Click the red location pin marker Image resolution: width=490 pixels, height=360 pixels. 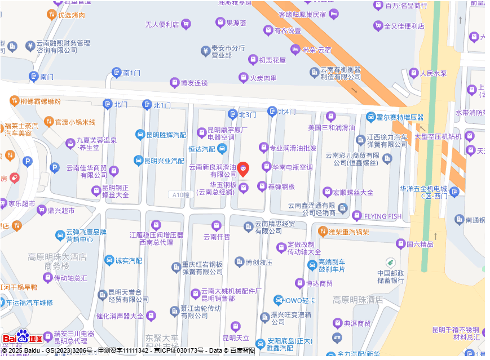242,168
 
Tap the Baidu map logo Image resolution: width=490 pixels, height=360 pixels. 23,337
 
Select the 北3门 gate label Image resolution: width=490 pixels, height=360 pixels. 247,114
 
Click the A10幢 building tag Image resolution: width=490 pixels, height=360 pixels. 180,194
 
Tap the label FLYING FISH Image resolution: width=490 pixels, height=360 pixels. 383,216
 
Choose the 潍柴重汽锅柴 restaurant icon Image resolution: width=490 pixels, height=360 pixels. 323,231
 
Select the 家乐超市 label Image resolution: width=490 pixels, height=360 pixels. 21,203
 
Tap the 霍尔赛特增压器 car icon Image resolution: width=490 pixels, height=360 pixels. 370,117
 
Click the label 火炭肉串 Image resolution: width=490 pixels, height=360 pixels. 263,78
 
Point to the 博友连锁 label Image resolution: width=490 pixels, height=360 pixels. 194,83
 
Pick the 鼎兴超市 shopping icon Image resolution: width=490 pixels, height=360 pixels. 41,211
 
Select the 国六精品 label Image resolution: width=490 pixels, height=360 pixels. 420,244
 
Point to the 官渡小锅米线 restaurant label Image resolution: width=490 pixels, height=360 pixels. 75,122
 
